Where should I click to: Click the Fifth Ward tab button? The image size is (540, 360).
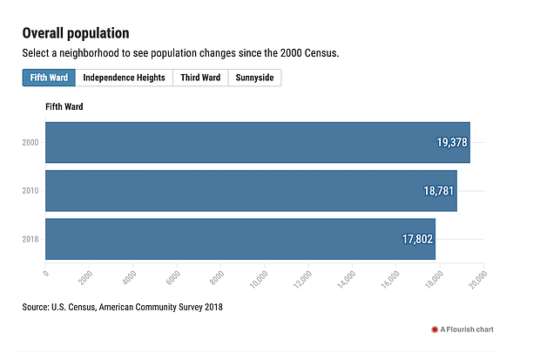(x=49, y=78)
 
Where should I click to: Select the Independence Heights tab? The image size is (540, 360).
(x=124, y=78)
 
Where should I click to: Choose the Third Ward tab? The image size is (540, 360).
(x=200, y=78)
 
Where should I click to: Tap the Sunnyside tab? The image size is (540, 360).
(x=254, y=78)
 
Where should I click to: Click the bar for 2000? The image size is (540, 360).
(x=257, y=142)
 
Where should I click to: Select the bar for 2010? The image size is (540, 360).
(x=251, y=191)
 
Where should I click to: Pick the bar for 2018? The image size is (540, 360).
(x=240, y=239)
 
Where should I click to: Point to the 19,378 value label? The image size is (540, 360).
(x=453, y=142)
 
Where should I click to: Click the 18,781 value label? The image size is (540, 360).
(x=440, y=191)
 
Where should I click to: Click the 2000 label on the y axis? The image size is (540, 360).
(x=30, y=142)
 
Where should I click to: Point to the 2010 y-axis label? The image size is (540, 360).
(x=30, y=191)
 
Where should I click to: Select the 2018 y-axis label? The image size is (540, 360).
(x=30, y=239)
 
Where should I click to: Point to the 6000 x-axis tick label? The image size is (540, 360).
(x=172, y=278)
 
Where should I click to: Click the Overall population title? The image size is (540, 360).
(x=76, y=33)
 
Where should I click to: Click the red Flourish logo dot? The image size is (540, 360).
(x=435, y=329)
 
